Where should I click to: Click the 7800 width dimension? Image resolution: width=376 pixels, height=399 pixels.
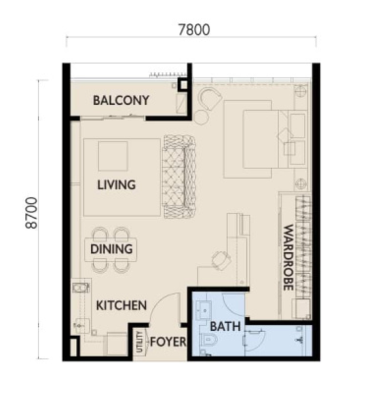click(194, 29)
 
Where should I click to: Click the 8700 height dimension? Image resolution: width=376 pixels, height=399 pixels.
click(32, 213)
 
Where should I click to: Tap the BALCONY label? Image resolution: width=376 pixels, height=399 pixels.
click(121, 100)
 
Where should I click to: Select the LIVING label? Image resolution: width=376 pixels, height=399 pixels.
click(117, 185)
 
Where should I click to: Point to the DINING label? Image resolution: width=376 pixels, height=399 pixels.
click(111, 249)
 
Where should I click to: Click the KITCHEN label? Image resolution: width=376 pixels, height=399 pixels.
click(121, 305)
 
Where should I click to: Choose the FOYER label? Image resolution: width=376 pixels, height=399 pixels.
click(168, 342)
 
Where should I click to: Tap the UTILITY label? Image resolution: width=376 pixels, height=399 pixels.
click(140, 342)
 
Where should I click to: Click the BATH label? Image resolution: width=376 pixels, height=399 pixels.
click(225, 326)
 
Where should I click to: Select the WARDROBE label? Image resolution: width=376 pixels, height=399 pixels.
click(288, 257)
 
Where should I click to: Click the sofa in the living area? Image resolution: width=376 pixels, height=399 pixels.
click(179, 177)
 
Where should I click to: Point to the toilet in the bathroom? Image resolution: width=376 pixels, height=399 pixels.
click(209, 339)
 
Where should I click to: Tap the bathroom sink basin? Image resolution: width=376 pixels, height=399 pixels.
click(204, 311)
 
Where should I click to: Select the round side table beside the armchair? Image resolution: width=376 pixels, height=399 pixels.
click(201, 117)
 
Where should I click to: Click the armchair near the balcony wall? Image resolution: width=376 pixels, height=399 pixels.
click(210, 98)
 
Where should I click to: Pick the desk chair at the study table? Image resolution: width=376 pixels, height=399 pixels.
click(221, 260)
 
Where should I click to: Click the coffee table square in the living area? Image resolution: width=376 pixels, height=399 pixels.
click(113, 156)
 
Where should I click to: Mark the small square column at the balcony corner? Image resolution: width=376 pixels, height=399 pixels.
click(183, 85)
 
